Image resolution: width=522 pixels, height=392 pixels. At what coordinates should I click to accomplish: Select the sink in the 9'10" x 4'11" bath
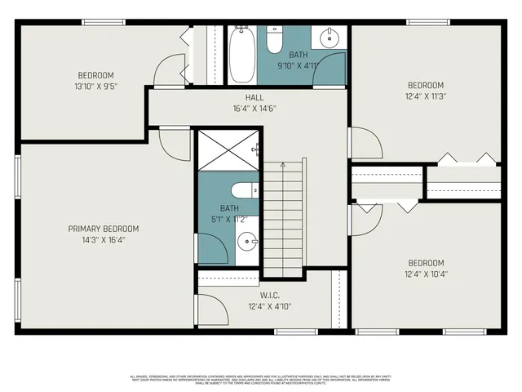(x=331, y=38)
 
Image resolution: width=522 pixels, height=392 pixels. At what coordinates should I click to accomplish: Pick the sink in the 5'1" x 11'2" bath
(x=246, y=241)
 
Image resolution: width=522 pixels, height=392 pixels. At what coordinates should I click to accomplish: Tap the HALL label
(x=254, y=97)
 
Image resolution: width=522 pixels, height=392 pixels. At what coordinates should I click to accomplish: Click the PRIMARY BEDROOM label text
(x=104, y=229)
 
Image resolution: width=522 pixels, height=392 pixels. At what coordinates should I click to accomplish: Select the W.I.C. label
(x=271, y=295)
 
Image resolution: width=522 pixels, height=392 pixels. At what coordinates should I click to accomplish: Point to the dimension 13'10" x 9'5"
(x=95, y=85)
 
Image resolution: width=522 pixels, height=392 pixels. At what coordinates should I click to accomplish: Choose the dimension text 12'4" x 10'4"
(x=425, y=274)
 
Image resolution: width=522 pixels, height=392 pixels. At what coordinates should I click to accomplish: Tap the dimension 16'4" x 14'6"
(x=254, y=108)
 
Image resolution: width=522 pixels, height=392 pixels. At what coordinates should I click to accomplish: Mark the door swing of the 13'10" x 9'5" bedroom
(x=171, y=70)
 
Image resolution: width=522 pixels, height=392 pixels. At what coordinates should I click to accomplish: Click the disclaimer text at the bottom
(x=261, y=380)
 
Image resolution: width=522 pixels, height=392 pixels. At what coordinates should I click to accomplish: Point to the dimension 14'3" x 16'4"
(x=104, y=239)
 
